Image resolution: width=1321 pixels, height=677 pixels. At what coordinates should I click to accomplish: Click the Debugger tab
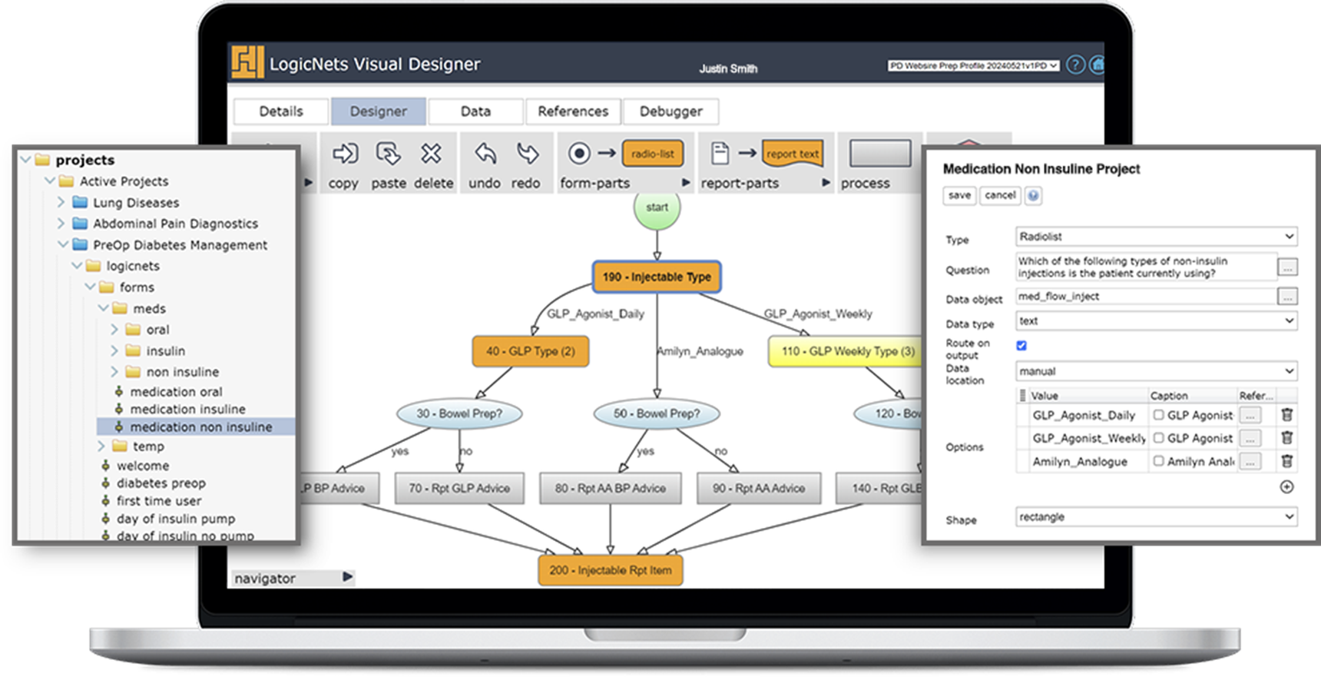(x=670, y=111)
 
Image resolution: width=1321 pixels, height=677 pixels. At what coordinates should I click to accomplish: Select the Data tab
(x=475, y=111)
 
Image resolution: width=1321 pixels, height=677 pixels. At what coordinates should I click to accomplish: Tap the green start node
(x=657, y=207)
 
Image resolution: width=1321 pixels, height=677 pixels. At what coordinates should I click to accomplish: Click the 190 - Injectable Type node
(x=657, y=277)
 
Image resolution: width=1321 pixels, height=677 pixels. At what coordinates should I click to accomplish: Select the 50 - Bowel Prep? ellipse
(x=656, y=413)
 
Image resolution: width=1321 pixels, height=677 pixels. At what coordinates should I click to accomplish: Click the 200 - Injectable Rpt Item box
(x=610, y=570)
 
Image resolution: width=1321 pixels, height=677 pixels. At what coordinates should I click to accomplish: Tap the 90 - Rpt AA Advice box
(x=758, y=488)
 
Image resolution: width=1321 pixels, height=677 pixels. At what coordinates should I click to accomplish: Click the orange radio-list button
(x=653, y=154)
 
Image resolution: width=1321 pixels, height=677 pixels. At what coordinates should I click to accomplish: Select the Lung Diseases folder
(x=135, y=203)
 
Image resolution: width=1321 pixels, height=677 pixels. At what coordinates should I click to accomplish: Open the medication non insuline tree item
(x=200, y=427)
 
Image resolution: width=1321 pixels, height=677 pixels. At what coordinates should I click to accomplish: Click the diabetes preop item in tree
(x=161, y=483)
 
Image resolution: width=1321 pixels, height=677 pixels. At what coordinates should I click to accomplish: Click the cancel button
(x=1000, y=195)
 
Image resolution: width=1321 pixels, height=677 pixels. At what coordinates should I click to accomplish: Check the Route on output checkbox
(x=1021, y=346)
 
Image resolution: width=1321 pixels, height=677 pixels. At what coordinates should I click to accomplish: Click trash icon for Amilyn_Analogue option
(x=1287, y=461)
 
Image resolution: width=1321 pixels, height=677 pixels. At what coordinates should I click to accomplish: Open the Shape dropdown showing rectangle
(x=1156, y=517)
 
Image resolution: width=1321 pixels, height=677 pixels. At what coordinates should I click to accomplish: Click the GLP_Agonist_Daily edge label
(x=595, y=314)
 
